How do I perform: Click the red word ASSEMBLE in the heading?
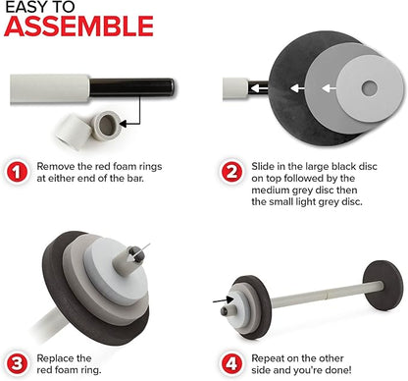78,27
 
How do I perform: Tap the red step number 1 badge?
17,172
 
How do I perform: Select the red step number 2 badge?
231,172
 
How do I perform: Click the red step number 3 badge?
17,363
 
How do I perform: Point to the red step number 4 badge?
231,363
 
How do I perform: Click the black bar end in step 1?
131,87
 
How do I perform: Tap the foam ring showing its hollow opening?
106,125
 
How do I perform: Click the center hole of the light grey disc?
370,88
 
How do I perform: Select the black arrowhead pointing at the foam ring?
124,124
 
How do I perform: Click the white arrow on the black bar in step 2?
258,88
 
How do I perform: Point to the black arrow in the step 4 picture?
223,299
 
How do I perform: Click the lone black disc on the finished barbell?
382,286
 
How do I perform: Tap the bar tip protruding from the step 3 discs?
136,252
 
